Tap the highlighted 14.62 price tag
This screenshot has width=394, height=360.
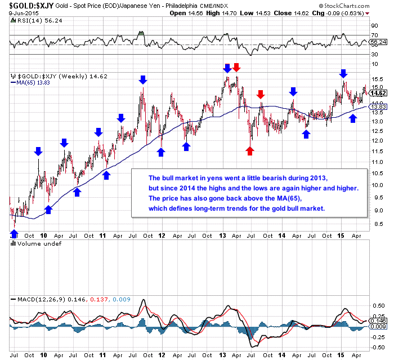click(x=379, y=93)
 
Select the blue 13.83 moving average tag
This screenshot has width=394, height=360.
click(x=379, y=106)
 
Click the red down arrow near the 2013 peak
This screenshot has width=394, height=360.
click(x=236, y=68)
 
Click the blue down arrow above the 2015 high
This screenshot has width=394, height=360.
click(x=343, y=73)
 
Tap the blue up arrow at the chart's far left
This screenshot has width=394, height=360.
click(x=15, y=233)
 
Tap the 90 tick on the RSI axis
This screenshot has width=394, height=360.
click(x=373, y=25)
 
